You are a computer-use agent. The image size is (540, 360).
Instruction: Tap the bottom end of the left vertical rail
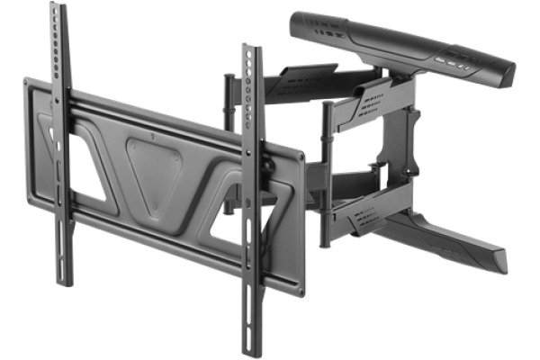(x=64, y=281)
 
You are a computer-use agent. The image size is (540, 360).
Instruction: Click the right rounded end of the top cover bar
(x=506, y=74)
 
